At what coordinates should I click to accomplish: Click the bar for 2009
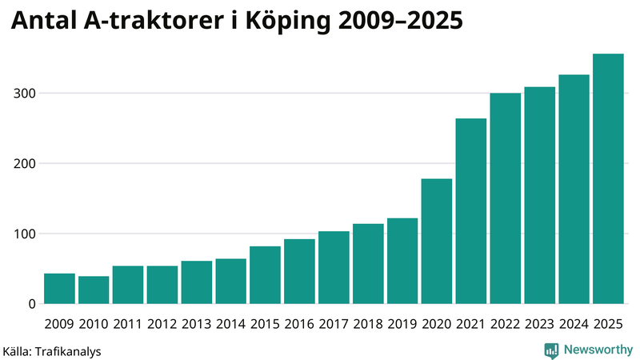[x=59, y=289]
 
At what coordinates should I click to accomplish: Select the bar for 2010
[x=94, y=290]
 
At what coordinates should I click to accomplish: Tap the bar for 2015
[x=266, y=275]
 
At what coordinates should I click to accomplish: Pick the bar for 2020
[x=437, y=242]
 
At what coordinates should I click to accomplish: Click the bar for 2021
[x=471, y=211]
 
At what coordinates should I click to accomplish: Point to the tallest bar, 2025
[x=608, y=179]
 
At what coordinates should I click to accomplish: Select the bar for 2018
[x=368, y=264]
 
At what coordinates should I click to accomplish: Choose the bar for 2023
[x=539, y=196]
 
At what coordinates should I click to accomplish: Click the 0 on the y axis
[x=33, y=304]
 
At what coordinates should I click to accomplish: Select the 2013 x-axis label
[x=196, y=324]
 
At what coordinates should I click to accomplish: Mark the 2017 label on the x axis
[x=334, y=324]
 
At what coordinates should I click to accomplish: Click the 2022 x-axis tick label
[x=505, y=324]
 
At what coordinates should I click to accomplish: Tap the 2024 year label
[x=574, y=324]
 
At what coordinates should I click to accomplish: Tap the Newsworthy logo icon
[x=551, y=350]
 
